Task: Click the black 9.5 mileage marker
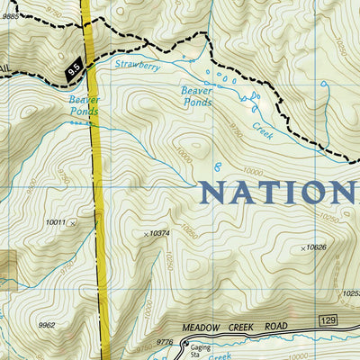73,66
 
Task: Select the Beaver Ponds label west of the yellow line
82,105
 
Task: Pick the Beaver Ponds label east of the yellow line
196,96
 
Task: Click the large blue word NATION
277,193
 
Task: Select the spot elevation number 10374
161,233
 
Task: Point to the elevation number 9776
165,341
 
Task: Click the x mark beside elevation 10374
146,234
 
